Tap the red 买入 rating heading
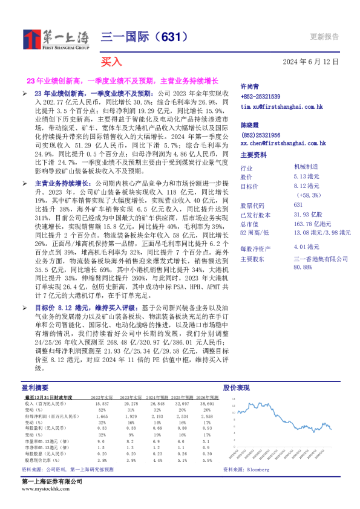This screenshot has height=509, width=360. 111,62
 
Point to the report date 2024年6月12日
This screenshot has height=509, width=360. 310,62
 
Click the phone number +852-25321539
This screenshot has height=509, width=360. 260,97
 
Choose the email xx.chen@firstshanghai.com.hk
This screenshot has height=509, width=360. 283,143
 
